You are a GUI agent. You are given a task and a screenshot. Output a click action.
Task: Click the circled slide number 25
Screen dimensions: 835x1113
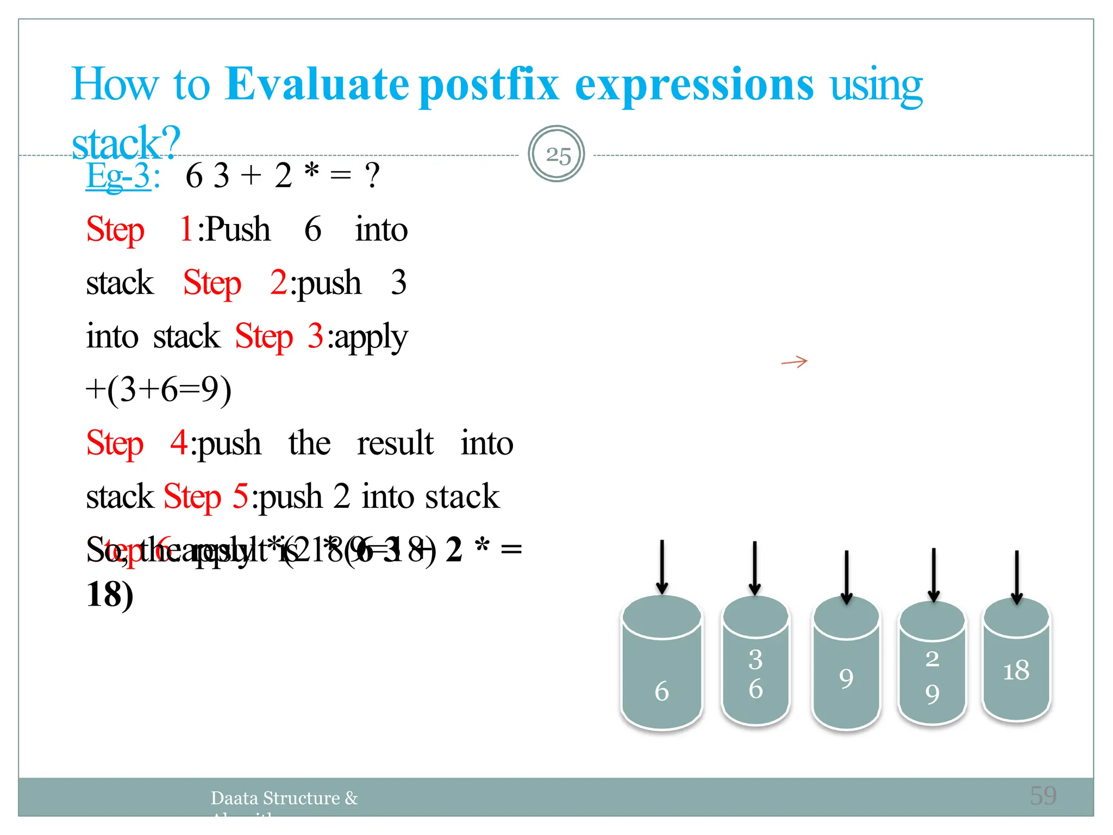[556, 154]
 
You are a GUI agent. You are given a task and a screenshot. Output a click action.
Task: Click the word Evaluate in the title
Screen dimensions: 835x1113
[317, 84]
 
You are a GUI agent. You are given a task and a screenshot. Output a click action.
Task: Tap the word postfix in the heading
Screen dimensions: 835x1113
[489, 85]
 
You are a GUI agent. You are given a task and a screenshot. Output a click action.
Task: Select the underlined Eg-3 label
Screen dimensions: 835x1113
[118, 176]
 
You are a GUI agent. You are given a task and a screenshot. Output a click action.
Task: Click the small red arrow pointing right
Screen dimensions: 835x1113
[795, 362]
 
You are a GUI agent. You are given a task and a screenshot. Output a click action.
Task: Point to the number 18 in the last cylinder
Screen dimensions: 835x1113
[1016, 670]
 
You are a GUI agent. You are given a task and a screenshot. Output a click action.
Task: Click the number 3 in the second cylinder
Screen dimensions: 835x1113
[755, 659]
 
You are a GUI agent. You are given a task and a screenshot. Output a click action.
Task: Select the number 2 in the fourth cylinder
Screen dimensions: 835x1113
[932, 658]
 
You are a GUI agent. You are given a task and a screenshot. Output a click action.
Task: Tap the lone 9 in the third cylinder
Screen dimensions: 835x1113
[846, 678]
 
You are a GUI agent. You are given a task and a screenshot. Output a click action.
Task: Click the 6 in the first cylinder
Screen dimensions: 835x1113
[661, 691]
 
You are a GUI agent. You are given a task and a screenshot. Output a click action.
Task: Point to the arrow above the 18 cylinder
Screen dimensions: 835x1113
[1016, 576]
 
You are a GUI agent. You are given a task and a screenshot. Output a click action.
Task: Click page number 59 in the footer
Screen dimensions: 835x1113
[1043, 796]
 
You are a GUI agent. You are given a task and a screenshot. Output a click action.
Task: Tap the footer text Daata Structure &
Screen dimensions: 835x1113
[284, 798]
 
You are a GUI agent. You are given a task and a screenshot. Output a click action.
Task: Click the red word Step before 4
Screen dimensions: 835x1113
[115, 443]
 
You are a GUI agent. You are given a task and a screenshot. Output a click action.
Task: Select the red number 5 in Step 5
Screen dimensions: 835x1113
[241, 496]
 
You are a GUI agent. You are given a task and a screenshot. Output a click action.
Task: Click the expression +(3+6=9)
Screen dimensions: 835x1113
[159, 390]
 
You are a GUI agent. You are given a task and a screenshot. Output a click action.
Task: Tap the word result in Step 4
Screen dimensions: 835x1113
[395, 443]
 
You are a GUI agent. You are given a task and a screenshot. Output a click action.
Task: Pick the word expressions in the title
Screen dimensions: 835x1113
[694, 85]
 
